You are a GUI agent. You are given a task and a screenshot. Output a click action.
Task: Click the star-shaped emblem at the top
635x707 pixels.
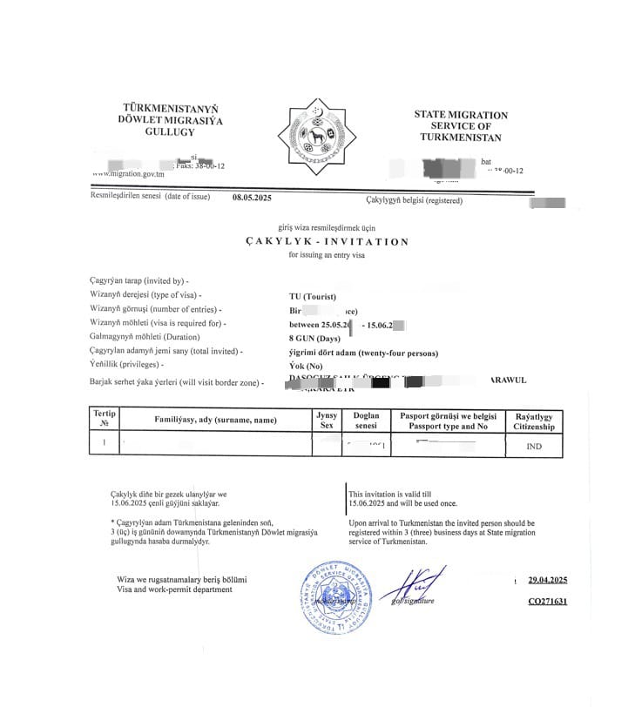click(316, 137)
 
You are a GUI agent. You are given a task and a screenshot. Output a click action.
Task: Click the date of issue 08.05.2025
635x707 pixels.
click(252, 198)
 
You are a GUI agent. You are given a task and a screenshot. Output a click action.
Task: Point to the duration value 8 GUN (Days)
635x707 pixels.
click(314, 338)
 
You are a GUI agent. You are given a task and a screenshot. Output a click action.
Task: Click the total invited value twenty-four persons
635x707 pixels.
click(363, 353)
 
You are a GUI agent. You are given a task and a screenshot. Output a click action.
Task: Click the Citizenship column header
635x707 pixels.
click(533, 422)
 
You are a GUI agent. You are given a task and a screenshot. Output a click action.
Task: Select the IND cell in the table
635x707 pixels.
click(534, 447)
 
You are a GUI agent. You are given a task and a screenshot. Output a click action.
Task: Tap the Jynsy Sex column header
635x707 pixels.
click(327, 421)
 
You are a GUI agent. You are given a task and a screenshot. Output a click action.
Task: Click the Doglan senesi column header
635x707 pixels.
click(366, 421)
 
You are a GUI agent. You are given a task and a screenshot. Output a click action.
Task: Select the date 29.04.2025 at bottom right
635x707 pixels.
click(548, 580)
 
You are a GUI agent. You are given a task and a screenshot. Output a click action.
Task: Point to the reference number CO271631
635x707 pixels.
click(548, 602)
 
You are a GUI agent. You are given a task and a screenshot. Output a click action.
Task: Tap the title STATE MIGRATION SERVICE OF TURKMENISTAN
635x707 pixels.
click(460, 126)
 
